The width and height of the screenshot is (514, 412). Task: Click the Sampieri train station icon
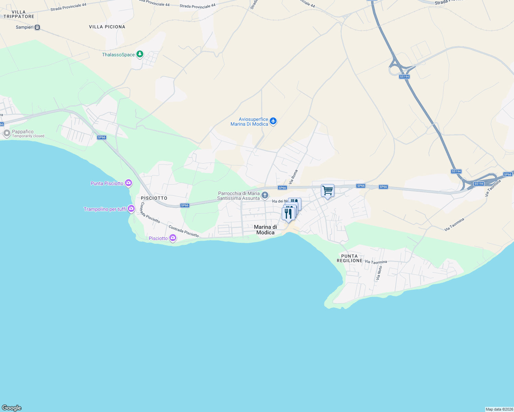click(x=37, y=27)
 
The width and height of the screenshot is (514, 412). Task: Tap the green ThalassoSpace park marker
click(x=139, y=54)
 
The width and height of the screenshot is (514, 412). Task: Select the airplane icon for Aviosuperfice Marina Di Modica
click(x=273, y=121)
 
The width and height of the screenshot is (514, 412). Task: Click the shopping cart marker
click(x=328, y=191)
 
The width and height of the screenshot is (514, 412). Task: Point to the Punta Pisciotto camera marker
click(x=128, y=183)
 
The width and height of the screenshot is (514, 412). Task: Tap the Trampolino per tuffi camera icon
click(x=131, y=208)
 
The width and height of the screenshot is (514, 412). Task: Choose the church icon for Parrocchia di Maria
click(x=265, y=196)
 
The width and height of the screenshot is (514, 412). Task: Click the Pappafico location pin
click(x=7, y=133)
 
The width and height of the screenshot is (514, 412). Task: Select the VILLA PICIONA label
click(x=107, y=27)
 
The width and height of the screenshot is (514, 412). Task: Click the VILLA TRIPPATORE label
click(x=19, y=14)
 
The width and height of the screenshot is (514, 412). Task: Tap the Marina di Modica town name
click(x=265, y=230)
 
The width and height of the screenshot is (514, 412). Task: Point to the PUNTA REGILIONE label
click(x=349, y=258)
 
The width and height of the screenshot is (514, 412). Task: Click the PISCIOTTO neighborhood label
click(x=154, y=198)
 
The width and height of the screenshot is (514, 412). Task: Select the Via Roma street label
click(x=294, y=177)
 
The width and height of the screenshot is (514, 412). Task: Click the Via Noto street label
click(x=379, y=273)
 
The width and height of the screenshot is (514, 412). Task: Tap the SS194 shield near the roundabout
click(x=404, y=77)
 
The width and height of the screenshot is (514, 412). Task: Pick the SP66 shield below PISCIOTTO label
click(x=185, y=205)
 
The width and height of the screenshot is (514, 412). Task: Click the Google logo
click(x=12, y=408)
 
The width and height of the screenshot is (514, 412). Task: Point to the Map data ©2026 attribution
click(x=499, y=409)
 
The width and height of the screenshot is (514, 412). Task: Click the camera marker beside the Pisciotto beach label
click(x=172, y=238)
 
